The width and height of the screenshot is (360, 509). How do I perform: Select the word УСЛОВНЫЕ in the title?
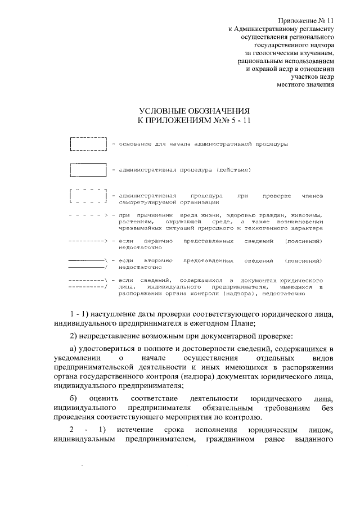point(168,111)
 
